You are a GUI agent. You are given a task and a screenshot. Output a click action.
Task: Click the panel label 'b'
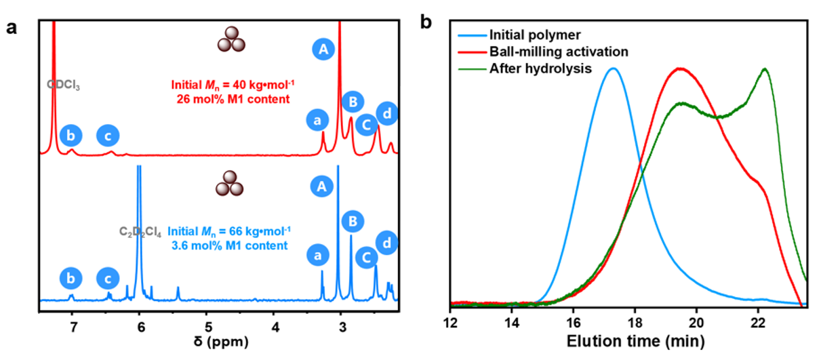tap(426, 22)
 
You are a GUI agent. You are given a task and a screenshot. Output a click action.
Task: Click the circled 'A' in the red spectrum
tap(323, 49)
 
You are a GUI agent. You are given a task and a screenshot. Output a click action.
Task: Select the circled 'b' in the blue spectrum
tap(71, 277)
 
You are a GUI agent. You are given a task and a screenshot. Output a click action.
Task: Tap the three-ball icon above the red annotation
tap(230, 40)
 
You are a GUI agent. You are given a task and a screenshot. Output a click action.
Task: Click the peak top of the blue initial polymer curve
tap(613, 68)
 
